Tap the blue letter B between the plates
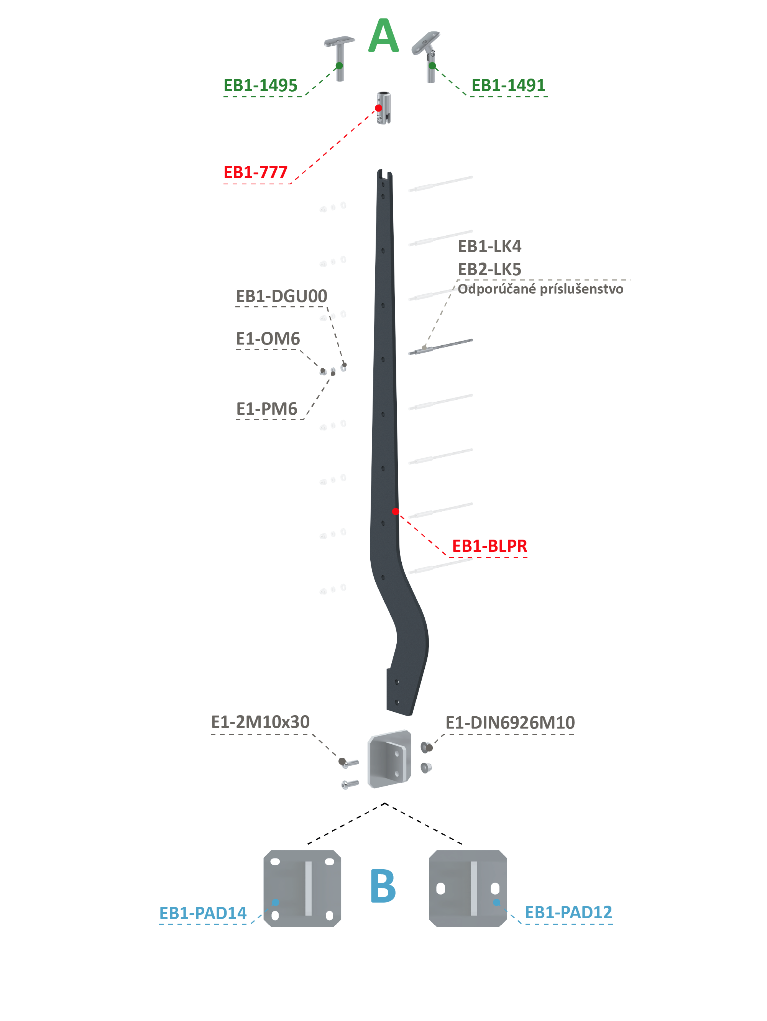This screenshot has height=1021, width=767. click(383, 886)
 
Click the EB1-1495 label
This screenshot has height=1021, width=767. click(260, 85)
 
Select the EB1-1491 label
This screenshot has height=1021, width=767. click(508, 85)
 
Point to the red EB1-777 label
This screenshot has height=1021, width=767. click(255, 172)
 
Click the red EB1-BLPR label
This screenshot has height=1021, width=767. click(489, 546)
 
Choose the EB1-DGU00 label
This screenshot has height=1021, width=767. click(281, 296)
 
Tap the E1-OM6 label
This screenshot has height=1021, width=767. click(268, 338)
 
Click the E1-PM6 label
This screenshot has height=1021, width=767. click(266, 409)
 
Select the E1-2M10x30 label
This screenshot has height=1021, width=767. click(260, 721)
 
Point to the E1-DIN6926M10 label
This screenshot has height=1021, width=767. click(510, 722)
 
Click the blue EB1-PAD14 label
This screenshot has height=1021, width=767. click(203, 913)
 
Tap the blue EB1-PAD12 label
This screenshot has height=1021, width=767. click(568, 912)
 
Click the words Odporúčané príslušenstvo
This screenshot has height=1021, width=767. click(540, 289)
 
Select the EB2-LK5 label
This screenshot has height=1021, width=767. click(489, 269)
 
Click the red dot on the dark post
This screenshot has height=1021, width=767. click(396, 511)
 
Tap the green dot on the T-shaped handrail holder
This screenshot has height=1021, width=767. click(339, 66)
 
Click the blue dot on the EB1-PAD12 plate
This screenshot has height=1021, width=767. click(496, 902)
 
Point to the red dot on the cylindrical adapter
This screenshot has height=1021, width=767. click(379, 108)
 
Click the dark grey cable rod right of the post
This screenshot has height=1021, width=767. click(440, 346)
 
